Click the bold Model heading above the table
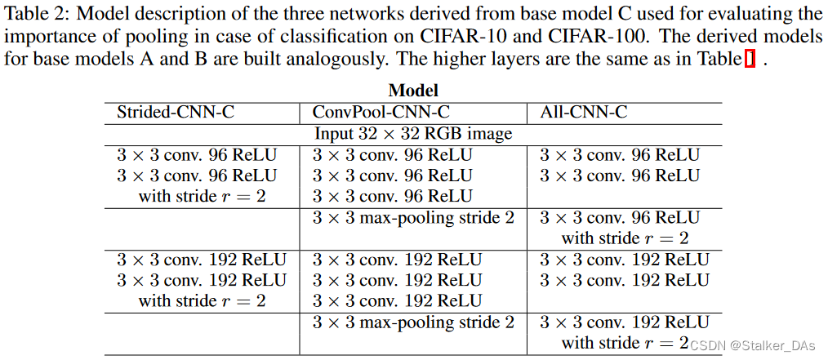[x=413, y=91]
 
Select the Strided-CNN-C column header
[x=176, y=112]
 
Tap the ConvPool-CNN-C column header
[x=381, y=112]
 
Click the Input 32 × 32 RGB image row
[x=413, y=133]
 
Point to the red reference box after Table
[x=750, y=60]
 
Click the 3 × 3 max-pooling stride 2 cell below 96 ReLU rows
[x=413, y=218]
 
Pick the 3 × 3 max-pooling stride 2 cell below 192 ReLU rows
[x=413, y=322]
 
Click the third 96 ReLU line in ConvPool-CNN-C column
[x=392, y=197]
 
